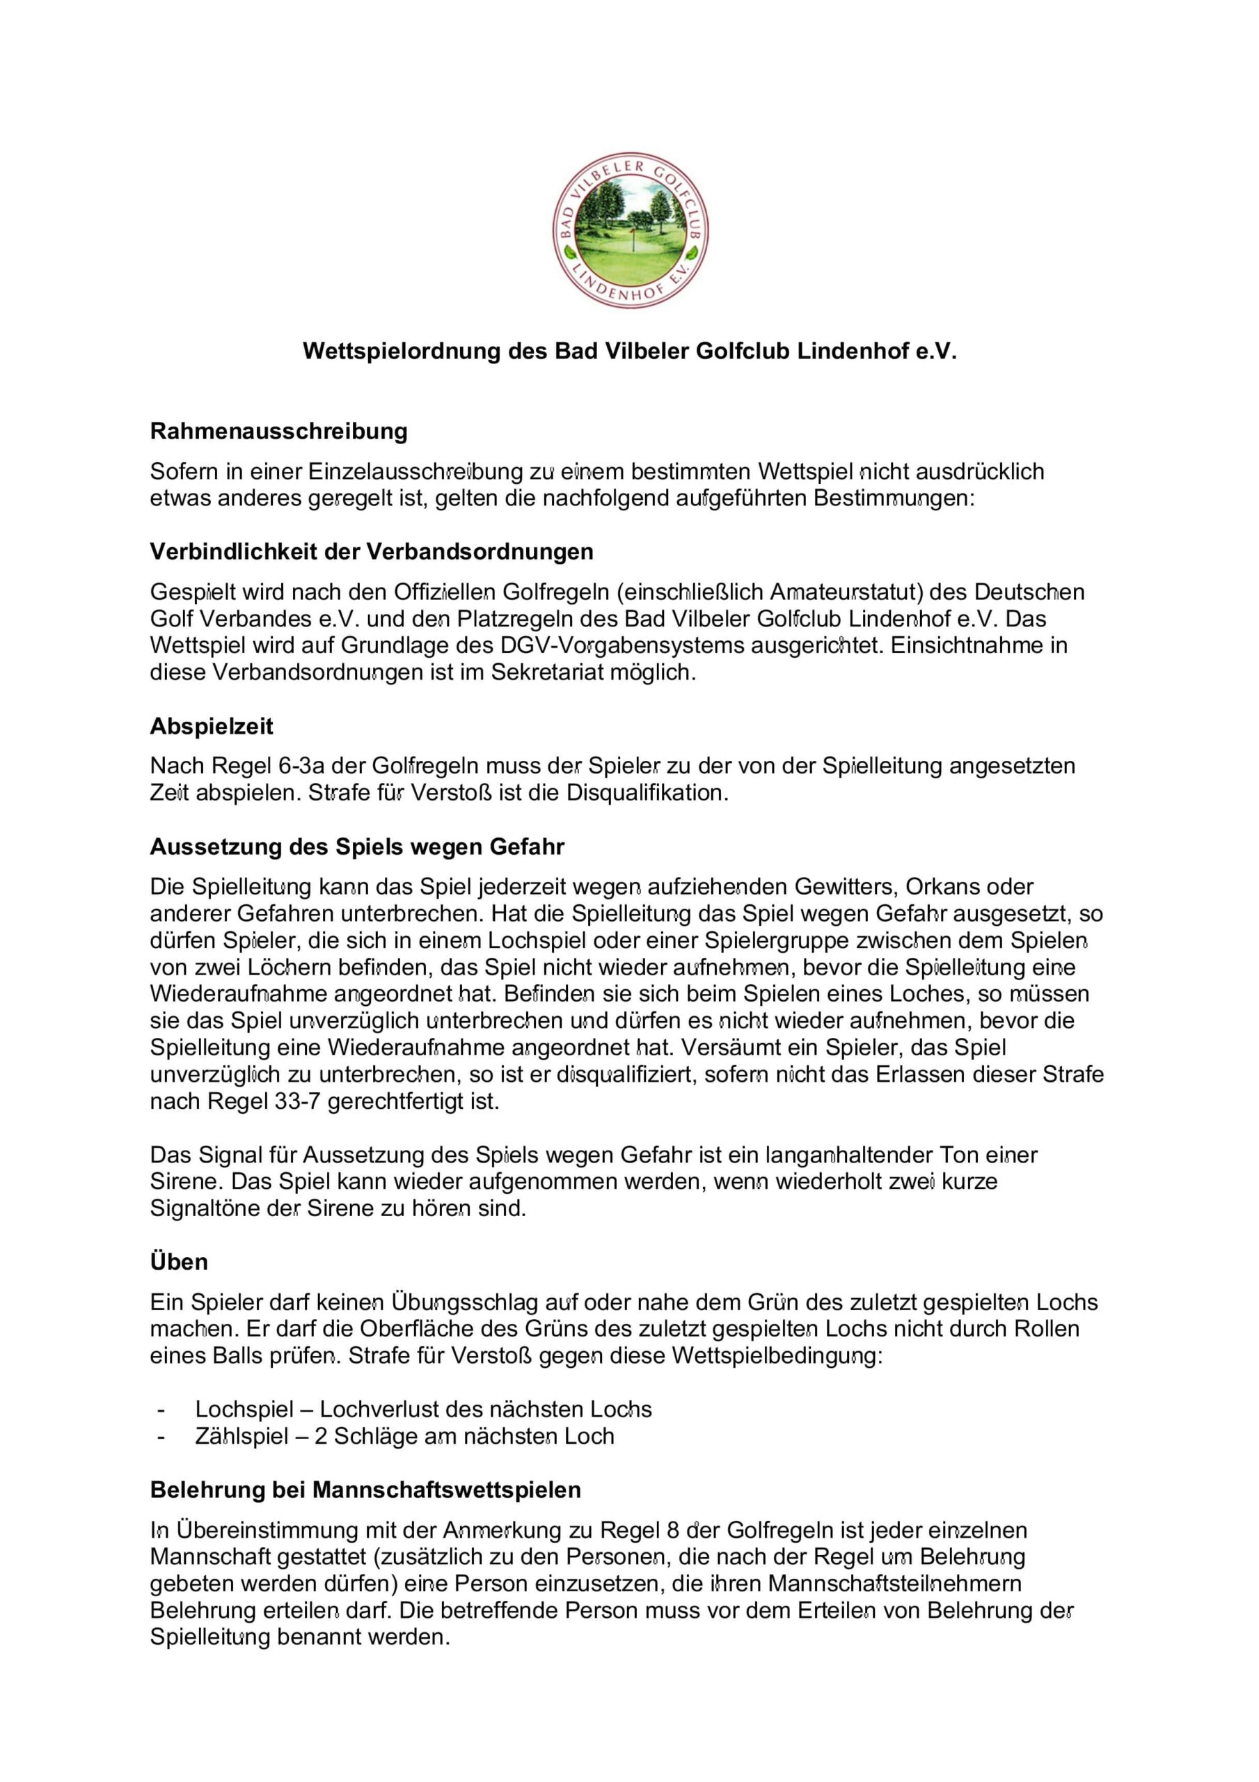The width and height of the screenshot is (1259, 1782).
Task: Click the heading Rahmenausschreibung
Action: coord(278,431)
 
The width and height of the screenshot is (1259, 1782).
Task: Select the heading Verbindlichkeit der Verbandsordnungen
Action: coord(371,552)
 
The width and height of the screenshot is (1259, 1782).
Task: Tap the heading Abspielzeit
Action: coord(211,727)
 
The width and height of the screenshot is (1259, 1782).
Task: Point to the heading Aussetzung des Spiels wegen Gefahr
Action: coord(357,846)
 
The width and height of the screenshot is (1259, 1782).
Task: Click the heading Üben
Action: coord(179,1262)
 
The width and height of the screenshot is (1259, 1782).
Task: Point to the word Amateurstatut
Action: coord(846,592)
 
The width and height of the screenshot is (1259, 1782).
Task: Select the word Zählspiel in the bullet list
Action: coord(241,1436)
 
